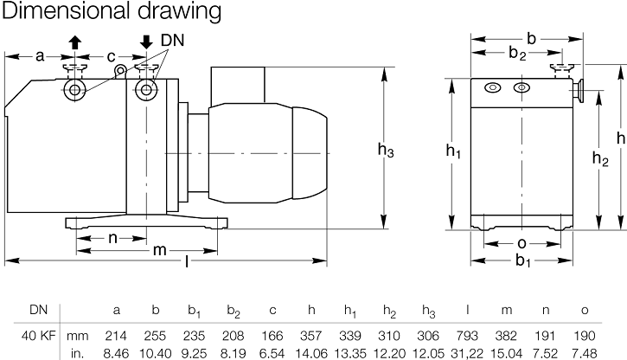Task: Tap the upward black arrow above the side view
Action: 75,42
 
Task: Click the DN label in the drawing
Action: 171,40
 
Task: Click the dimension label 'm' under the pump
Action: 159,251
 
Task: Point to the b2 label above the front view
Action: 516,55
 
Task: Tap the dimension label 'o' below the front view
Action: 521,243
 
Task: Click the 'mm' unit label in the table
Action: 78,335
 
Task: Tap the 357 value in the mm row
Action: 310,335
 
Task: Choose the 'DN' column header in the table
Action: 38,309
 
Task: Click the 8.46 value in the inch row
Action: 116,351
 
